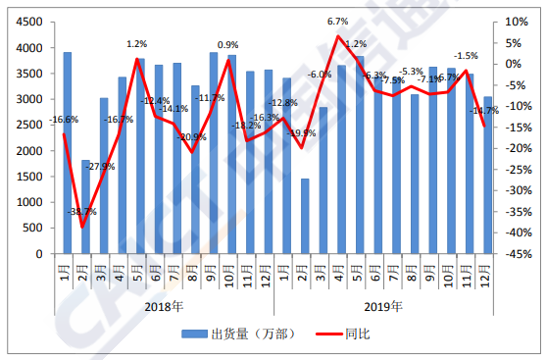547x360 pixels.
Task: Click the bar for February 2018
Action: (85, 207)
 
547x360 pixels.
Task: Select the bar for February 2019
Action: (304, 216)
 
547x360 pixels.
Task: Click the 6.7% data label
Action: (338, 21)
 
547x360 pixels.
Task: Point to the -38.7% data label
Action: (83, 212)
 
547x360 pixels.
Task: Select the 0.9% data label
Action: (227, 45)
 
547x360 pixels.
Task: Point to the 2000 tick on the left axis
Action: (32, 150)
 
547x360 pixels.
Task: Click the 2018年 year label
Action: (164, 306)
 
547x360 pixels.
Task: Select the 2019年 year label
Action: (383, 306)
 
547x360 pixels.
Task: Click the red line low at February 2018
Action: (85, 227)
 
